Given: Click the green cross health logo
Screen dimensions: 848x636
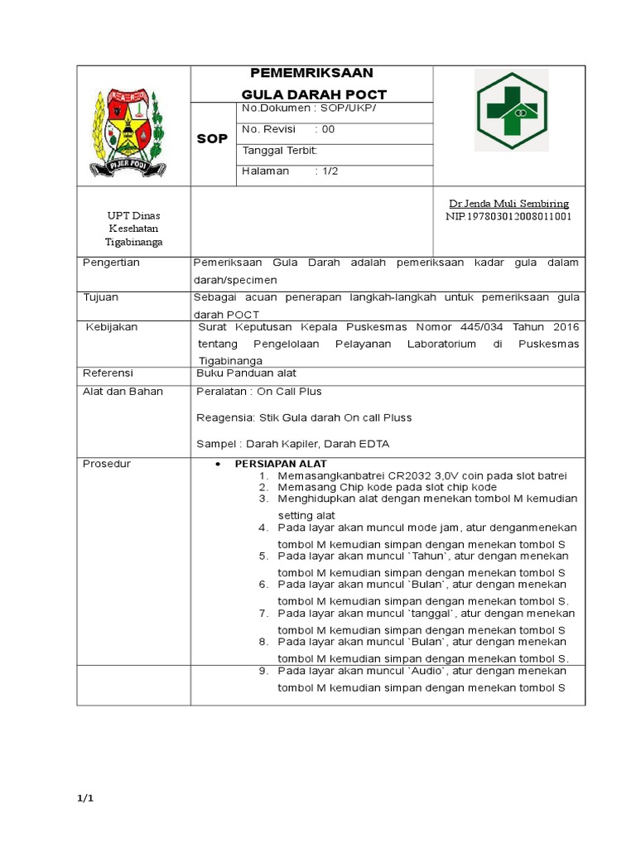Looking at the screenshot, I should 510,109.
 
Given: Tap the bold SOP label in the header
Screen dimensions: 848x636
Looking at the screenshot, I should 212,138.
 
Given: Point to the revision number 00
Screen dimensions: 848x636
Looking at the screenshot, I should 328,129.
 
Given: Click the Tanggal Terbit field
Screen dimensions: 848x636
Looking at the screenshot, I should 279,150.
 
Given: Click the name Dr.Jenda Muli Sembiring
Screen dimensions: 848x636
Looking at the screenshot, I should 508,204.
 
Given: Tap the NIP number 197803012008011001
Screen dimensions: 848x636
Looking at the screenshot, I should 508,217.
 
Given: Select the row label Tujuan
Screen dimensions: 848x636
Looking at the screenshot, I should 101,296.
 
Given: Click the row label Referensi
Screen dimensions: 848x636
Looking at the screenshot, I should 108,373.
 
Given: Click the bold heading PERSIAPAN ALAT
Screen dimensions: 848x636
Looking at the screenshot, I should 281,464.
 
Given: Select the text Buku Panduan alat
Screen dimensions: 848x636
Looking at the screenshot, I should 246,373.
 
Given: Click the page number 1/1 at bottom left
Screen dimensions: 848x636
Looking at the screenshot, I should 86,798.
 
